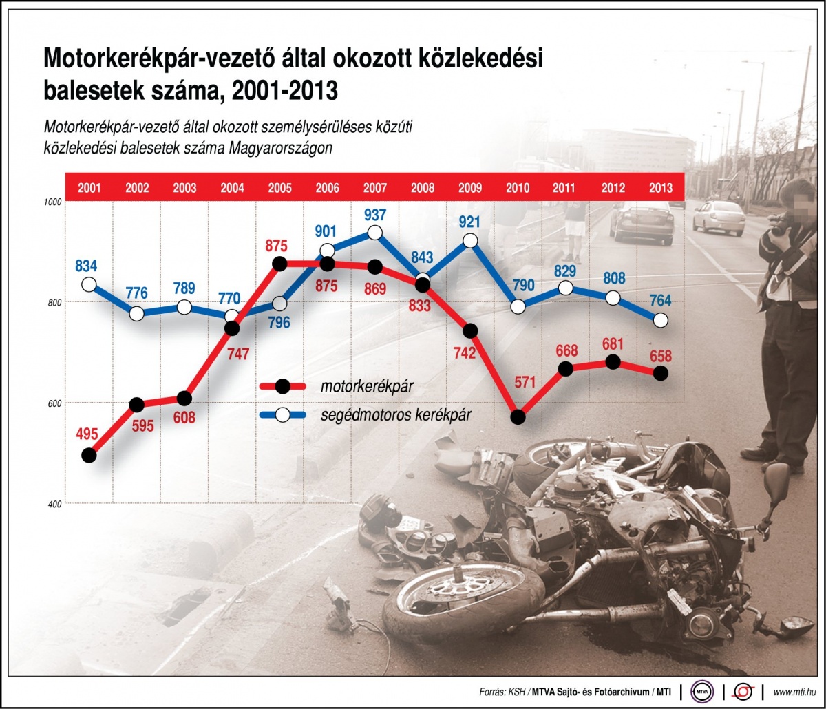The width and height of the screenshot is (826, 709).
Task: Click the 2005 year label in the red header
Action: tap(279, 187)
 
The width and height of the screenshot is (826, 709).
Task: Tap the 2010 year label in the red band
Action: tap(518, 187)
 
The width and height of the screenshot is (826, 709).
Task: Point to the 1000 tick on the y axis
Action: tap(53, 202)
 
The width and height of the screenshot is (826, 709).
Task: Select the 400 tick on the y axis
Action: tap(54, 504)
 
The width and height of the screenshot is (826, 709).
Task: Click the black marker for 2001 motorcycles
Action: tap(88, 455)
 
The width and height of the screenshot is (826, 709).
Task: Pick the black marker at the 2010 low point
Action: tap(518, 417)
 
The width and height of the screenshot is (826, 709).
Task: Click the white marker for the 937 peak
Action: tap(375, 233)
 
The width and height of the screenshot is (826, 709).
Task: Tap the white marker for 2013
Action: tap(661, 320)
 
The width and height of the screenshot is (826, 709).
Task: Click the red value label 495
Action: tap(87, 434)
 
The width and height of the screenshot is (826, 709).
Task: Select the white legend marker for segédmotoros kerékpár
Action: tap(282, 415)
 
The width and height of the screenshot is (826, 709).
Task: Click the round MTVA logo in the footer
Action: tap(702, 692)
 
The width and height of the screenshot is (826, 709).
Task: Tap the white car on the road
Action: tap(719, 217)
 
